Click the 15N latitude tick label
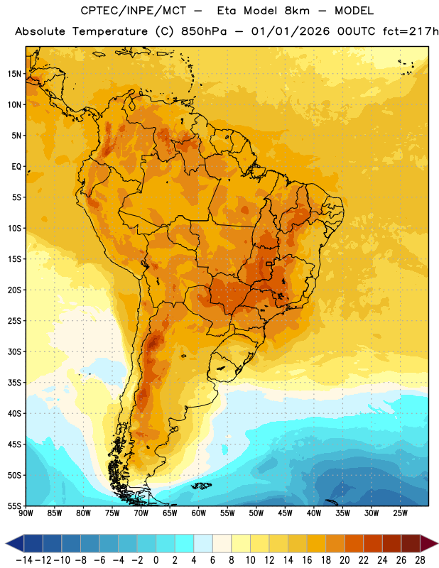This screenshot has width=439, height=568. point(14,74)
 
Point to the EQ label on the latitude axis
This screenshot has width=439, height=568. point(16,167)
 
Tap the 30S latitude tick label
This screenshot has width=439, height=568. point(14,351)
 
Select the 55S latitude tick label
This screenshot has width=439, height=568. point(14,506)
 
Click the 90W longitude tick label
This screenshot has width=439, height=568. point(26,513)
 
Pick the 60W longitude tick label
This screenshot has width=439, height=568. point(199,513)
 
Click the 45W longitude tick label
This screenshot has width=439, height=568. point(285,513)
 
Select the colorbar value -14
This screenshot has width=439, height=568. point(24,560)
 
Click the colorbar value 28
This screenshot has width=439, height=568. point(420,560)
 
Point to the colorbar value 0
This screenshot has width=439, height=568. point(156,560)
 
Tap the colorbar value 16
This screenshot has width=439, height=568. point(307,560)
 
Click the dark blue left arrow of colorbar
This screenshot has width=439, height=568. point(15,543)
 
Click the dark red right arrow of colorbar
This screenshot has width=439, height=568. point(429,543)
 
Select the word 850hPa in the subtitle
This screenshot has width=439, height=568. point(204,31)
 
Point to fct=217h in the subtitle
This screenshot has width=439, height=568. point(411,31)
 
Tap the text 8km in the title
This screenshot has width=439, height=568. point(297,11)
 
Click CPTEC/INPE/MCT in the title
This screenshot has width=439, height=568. point(133,11)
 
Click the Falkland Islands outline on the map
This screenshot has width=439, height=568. point(201,486)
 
